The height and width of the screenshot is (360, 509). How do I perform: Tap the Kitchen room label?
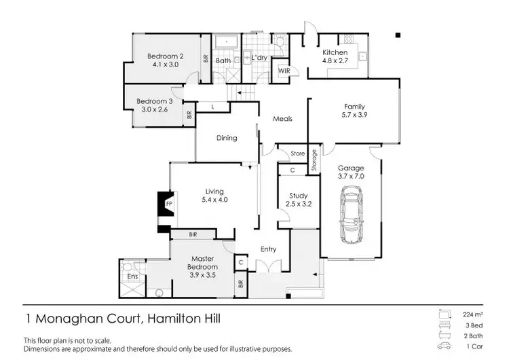(335, 53)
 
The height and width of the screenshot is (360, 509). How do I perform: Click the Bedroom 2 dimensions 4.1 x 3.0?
(166, 65)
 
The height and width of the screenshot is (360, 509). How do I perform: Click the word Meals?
(282, 119)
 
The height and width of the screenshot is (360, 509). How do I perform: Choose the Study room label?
(299, 196)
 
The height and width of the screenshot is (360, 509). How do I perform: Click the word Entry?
(268, 249)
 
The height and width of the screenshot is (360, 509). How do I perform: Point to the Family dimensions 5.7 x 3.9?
(354, 115)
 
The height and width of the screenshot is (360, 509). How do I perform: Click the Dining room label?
(227, 138)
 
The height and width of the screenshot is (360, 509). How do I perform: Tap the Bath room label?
(223, 60)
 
